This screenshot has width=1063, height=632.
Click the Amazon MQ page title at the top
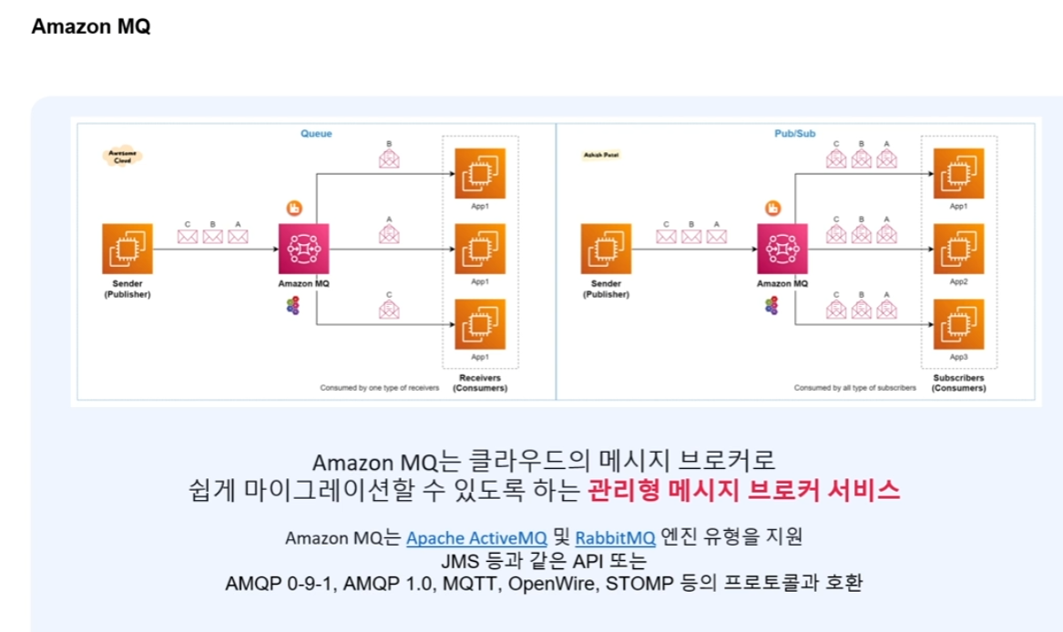click(x=90, y=26)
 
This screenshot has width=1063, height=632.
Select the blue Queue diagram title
click(x=316, y=134)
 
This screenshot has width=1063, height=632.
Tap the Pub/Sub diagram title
click(x=794, y=134)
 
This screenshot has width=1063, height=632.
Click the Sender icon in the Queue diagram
click(x=127, y=248)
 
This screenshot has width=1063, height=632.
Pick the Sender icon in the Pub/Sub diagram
click(x=606, y=248)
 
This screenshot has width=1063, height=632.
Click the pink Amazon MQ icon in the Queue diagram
click(x=303, y=248)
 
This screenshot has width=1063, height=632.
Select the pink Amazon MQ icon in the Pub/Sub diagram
click(x=782, y=248)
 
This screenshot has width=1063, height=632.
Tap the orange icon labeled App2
click(x=957, y=248)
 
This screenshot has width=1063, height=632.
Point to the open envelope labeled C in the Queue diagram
click(x=390, y=311)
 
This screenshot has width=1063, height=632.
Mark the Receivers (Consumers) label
click(x=483, y=382)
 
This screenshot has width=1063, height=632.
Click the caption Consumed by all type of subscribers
click(x=854, y=388)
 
